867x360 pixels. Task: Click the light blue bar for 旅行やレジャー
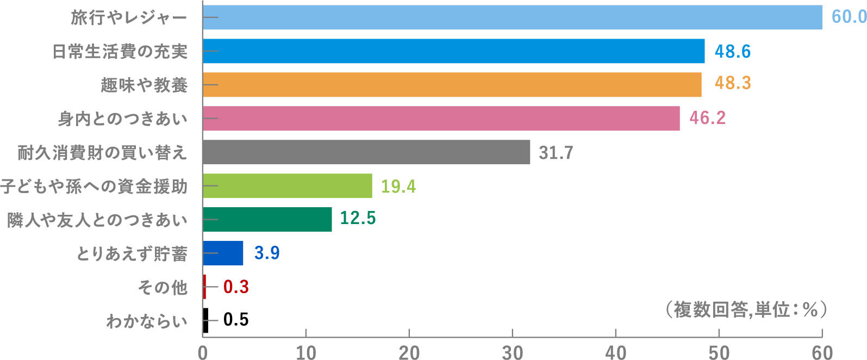512,17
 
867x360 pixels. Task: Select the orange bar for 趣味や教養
452,85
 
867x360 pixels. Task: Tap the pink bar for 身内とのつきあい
441,119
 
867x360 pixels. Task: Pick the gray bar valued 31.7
366,152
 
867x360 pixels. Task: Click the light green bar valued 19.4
287,186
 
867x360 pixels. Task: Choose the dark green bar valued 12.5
267,220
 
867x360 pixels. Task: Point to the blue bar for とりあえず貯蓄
223,253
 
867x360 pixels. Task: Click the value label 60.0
849,17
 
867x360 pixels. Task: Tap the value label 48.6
732,52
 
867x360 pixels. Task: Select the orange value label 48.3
732,83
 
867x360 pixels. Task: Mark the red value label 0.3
236,287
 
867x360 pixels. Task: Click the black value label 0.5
236,319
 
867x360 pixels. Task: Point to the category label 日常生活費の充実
120,52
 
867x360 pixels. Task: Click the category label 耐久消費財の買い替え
102,153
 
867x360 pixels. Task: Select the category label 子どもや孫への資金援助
94,187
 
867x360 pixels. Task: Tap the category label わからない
147,321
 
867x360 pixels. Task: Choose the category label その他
163,287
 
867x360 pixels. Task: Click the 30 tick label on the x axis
512,352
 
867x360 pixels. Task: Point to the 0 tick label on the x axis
203,352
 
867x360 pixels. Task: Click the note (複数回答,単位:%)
745,309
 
